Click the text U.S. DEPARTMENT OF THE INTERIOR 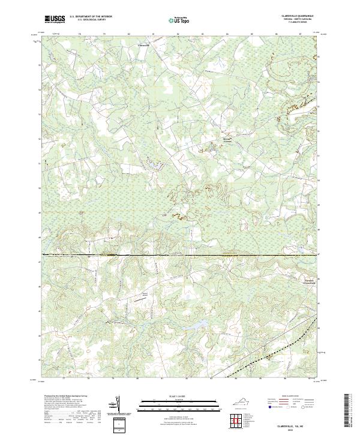coord(91,17)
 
